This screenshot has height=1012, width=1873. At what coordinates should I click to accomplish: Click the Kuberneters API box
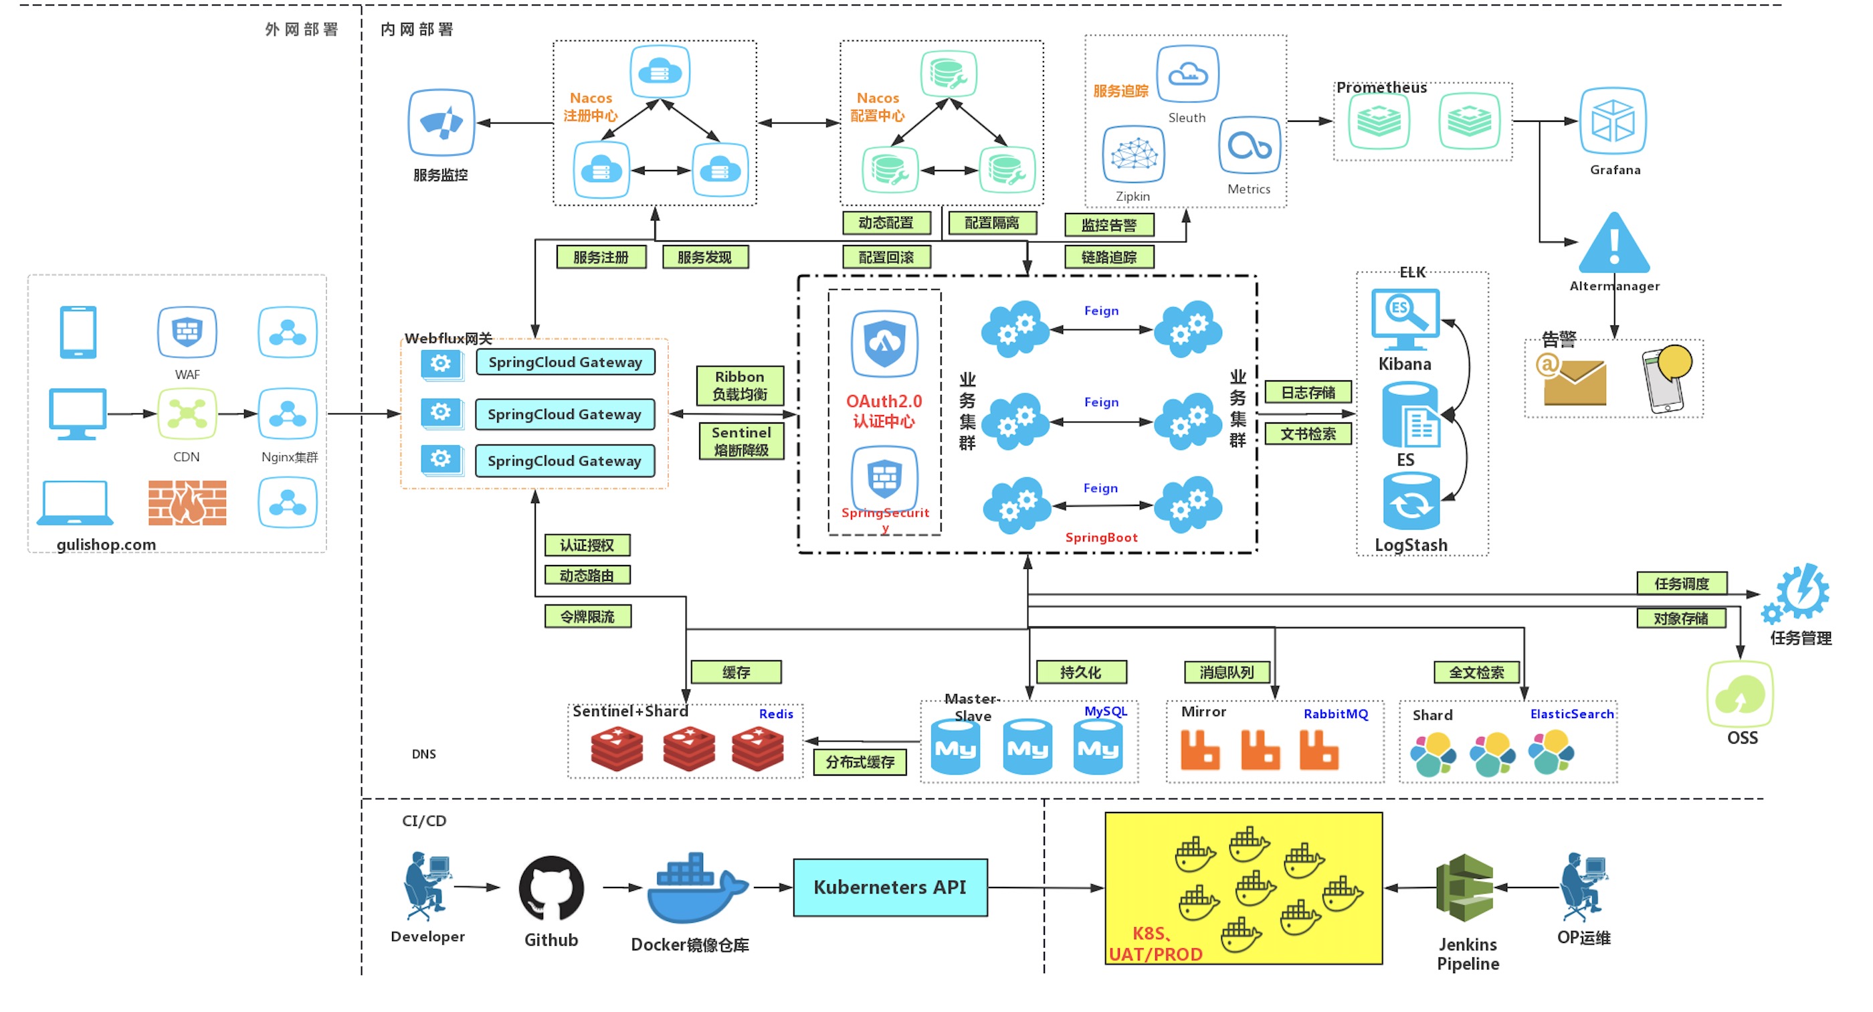pyautogui.click(x=889, y=887)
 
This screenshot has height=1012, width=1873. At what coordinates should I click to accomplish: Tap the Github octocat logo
pyautogui.click(x=551, y=888)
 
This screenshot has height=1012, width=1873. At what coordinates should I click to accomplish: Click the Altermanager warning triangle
pyautogui.click(x=1614, y=244)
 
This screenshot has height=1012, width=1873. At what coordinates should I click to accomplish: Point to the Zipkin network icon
pyautogui.click(x=1132, y=154)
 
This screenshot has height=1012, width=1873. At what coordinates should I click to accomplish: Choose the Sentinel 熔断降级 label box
pyautogui.click(x=741, y=441)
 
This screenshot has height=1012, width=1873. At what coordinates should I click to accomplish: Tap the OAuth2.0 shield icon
pyautogui.click(x=884, y=343)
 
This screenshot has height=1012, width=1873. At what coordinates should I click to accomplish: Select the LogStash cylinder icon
pyautogui.click(x=1411, y=502)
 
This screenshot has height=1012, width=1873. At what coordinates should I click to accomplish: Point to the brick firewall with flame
pyautogui.click(x=187, y=502)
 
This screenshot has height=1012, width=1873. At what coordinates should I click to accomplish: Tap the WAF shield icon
pyautogui.click(x=187, y=332)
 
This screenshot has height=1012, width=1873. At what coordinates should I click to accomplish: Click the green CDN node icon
pyautogui.click(x=187, y=413)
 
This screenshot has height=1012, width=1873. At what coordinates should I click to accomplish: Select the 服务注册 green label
pyautogui.click(x=601, y=257)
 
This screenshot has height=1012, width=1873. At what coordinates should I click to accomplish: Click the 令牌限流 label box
pyautogui.click(x=587, y=616)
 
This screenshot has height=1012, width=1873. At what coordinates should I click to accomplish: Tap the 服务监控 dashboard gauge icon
pyautogui.click(x=441, y=122)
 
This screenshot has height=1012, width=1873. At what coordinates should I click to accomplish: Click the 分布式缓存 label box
pyautogui.click(x=860, y=762)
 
